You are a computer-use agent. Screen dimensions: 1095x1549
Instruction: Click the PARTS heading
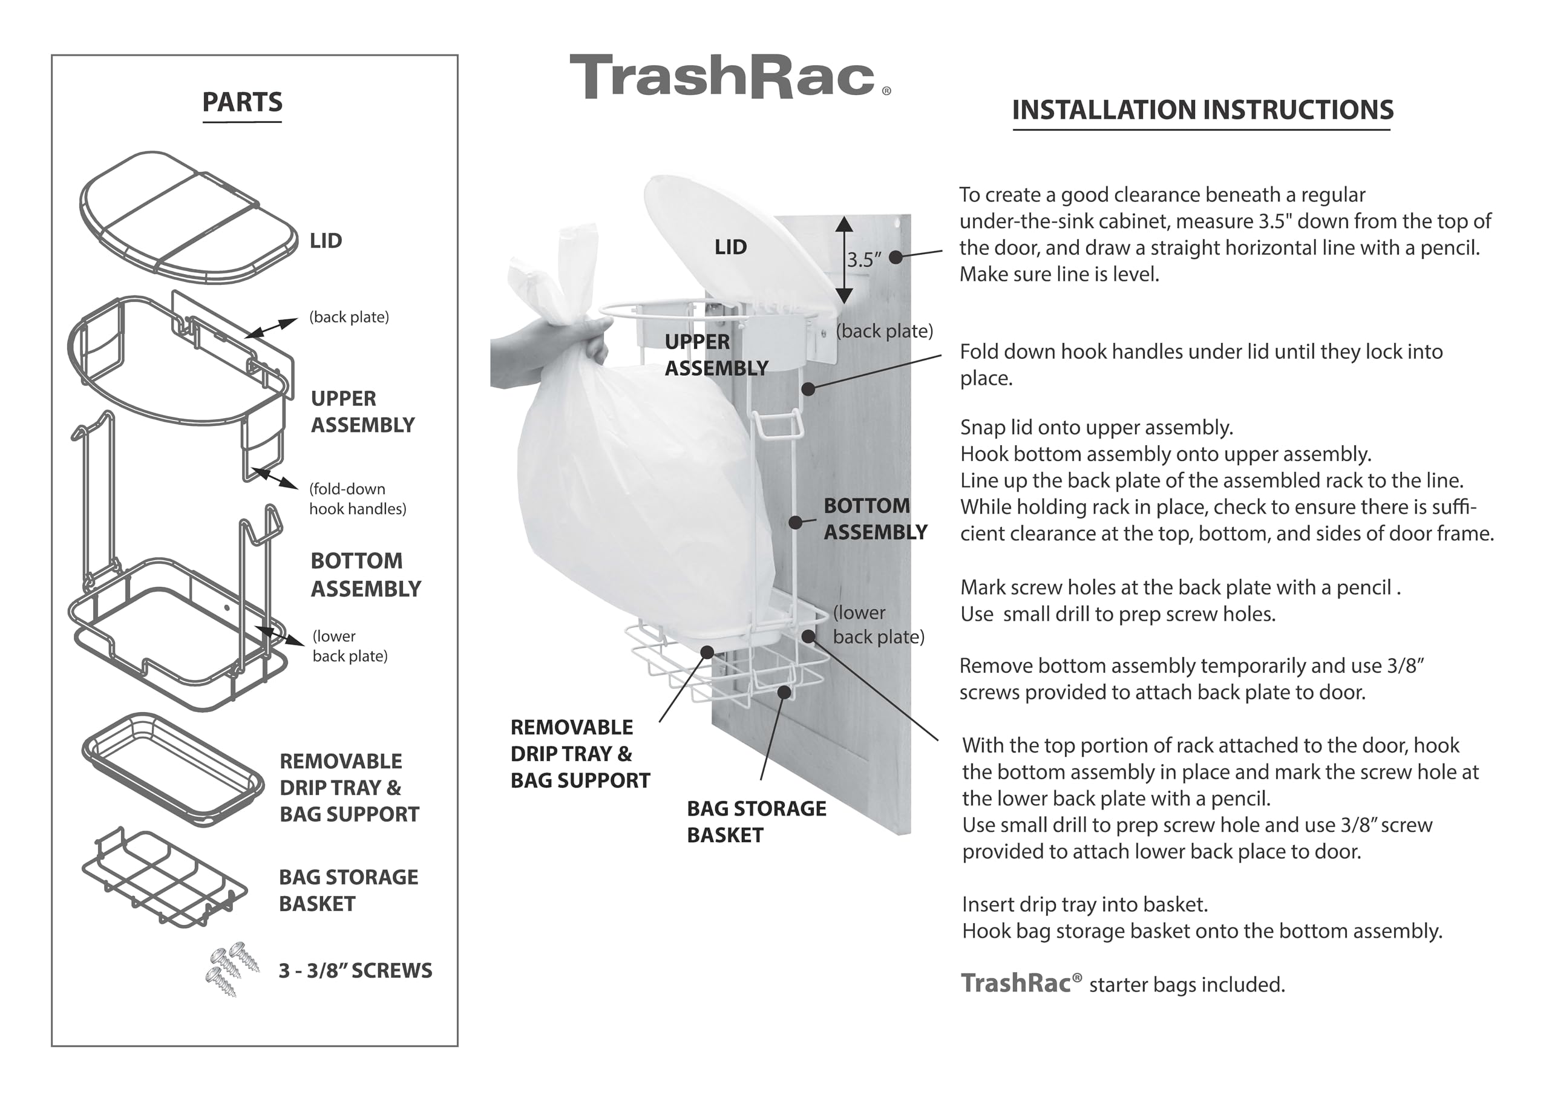pos(242,103)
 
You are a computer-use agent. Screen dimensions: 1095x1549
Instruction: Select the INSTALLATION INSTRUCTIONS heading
pos(1202,110)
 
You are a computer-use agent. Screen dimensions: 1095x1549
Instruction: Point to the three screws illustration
pos(232,968)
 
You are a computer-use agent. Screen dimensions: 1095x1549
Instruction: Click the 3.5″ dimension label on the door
pos(864,260)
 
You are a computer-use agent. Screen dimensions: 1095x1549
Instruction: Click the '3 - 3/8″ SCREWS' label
pos(355,971)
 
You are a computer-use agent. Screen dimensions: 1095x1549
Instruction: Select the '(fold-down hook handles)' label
pos(357,498)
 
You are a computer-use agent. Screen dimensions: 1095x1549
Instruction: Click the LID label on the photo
pos(731,247)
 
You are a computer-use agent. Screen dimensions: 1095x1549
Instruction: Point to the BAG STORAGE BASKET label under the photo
pos(756,821)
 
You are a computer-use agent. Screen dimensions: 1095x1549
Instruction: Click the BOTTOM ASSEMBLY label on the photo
pos(874,519)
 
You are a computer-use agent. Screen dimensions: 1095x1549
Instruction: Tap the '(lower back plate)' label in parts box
pos(350,646)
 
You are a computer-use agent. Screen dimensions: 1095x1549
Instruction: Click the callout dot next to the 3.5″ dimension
pos(896,257)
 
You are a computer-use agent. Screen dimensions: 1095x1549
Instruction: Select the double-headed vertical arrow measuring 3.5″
pos(843,260)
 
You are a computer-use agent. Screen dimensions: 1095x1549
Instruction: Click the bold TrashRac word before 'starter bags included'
pos(1016,983)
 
